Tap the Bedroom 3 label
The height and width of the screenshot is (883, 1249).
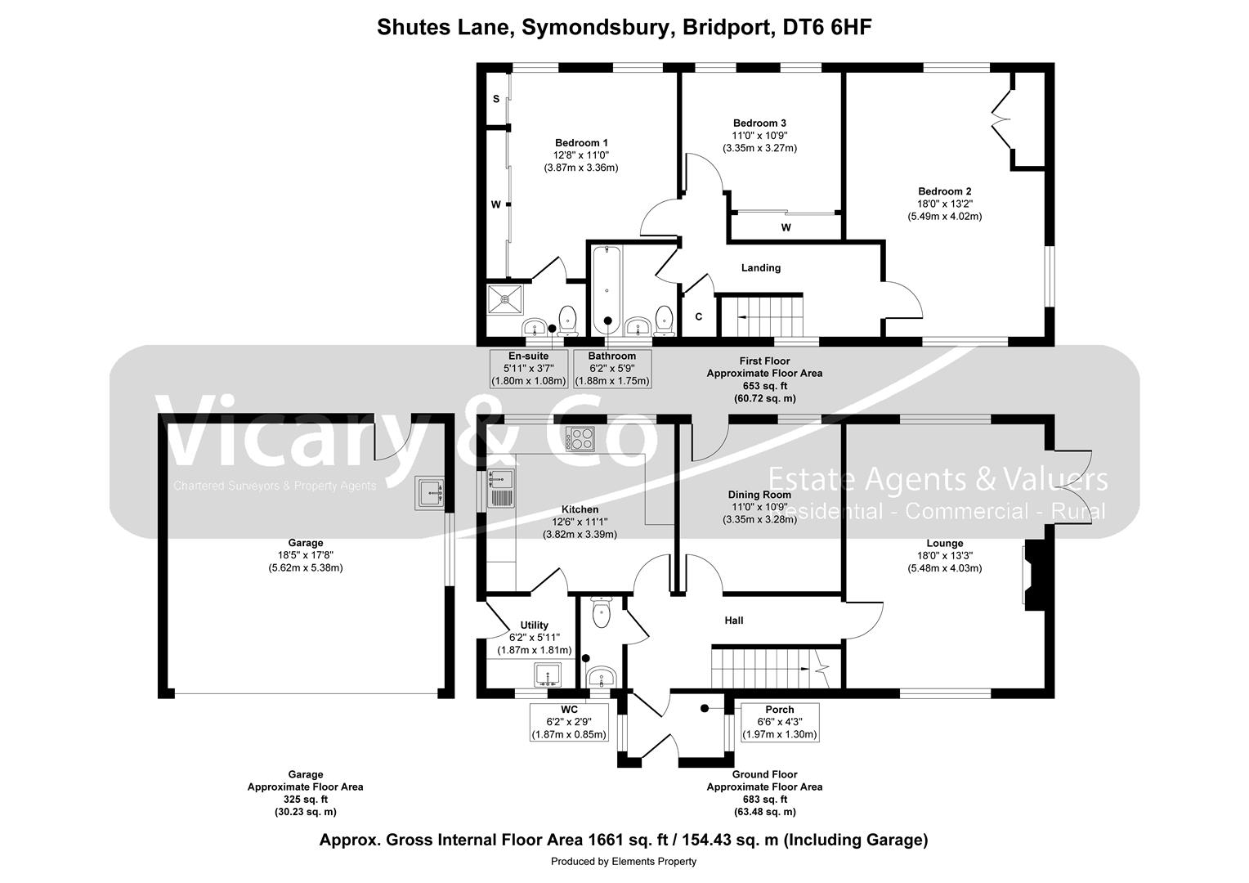[x=759, y=123]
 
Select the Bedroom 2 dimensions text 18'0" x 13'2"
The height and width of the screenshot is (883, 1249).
[x=944, y=204]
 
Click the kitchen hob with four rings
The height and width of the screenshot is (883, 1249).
[x=580, y=439]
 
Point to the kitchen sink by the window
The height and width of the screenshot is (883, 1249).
[x=499, y=488]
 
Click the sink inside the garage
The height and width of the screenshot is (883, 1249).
[x=429, y=493]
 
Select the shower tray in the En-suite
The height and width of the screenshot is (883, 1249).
[x=507, y=300]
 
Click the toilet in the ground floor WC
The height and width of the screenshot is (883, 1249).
[x=602, y=613]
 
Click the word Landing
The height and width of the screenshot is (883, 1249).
[x=760, y=267]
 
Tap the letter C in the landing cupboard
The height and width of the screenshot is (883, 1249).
[x=699, y=316]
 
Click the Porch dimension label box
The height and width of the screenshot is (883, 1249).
[x=779, y=722]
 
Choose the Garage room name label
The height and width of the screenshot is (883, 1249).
[x=305, y=543]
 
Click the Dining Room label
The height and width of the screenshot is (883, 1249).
[x=759, y=494]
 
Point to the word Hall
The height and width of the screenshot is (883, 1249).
[x=733, y=621]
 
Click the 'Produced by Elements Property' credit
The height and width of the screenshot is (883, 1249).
[x=623, y=861]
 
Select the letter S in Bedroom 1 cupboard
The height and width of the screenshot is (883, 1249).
[x=495, y=99]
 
